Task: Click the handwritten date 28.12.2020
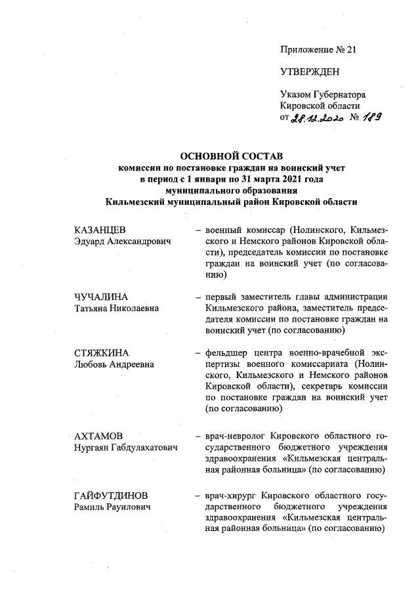317,118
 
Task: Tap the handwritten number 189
372,117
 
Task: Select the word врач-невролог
236,436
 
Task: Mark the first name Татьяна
93,308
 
